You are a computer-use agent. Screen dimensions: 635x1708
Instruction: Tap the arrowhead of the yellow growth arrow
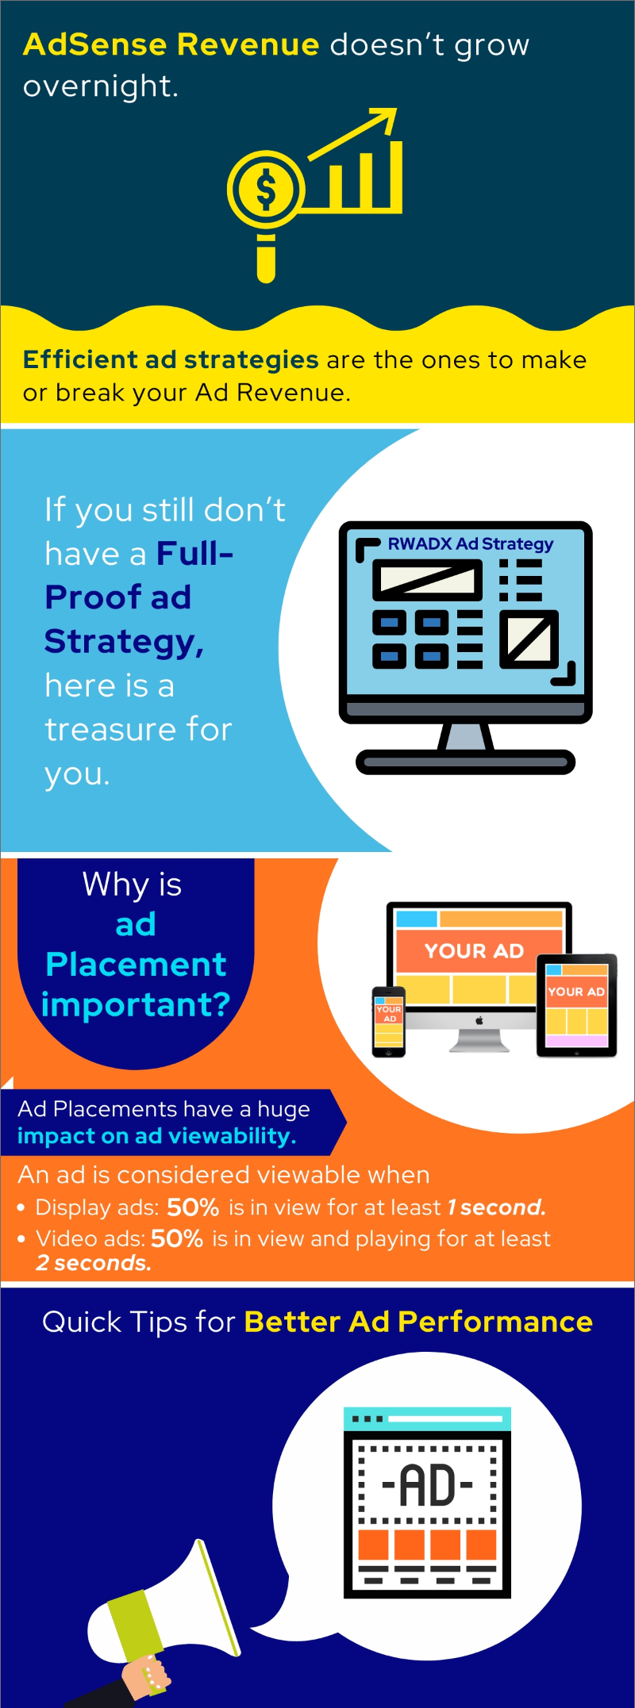[x=383, y=121]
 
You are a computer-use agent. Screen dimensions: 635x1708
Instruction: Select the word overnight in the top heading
[x=101, y=86]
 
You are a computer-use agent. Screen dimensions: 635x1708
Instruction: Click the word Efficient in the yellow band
[x=80, y=359]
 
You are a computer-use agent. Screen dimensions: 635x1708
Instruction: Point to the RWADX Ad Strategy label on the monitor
[x=471, y=544]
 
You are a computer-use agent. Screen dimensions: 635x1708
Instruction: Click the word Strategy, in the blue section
[x=124, y=642]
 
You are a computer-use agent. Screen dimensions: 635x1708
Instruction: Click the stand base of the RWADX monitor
[x=465, y=762]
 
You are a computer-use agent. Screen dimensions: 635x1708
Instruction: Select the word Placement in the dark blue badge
[x=136, y=965]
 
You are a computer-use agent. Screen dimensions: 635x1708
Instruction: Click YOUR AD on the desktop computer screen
[x=474, y=950]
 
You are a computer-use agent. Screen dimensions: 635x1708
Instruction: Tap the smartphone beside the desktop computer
[x=389, y=1022]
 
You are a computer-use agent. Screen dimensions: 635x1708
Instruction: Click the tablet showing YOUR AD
[x=577, y=1006]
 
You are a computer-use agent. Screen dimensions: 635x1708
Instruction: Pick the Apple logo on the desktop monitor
[x=479, y=1021]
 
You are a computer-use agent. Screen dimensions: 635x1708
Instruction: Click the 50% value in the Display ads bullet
[x=193, y=1207]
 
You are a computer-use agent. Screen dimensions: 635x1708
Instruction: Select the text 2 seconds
[x=94, y=1263]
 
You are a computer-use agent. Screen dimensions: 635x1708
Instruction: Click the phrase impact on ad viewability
[x=156, y=1136]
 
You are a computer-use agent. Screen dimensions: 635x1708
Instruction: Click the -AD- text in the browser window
[x=428, y=1485]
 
